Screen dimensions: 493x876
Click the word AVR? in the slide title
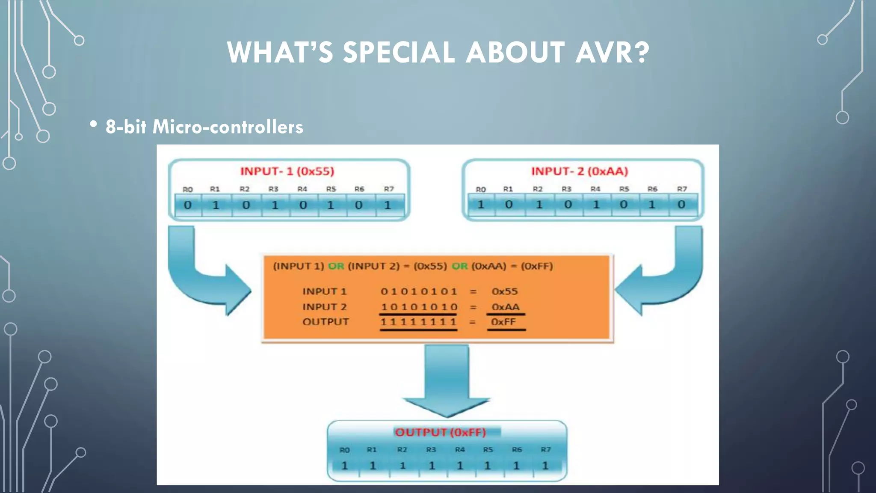pos(612,53)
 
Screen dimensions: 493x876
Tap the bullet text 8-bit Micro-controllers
pos(204,127)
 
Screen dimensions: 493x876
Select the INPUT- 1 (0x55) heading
pos(287,171)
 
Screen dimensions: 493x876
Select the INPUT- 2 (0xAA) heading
pos(580,171)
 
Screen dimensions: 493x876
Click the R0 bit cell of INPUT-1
pos(188,205)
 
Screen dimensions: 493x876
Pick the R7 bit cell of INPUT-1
pos(388,205)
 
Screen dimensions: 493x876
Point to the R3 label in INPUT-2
pos(566,189)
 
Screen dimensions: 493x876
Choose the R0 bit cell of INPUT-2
pos(481,205)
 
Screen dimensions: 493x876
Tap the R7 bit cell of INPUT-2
pos(681,205)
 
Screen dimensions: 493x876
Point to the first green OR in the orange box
pos(336,266)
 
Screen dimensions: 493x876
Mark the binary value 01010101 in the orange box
pos(419,291)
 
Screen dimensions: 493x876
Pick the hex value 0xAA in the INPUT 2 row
pos(505,307)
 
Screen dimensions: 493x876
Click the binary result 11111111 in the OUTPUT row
pos(418,322)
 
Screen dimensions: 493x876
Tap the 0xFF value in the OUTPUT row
pos(503,322)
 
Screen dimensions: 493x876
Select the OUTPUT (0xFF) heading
pos(440,432)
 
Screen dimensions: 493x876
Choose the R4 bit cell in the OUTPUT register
pos(460,465)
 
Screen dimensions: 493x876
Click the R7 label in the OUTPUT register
pos(546,449)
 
